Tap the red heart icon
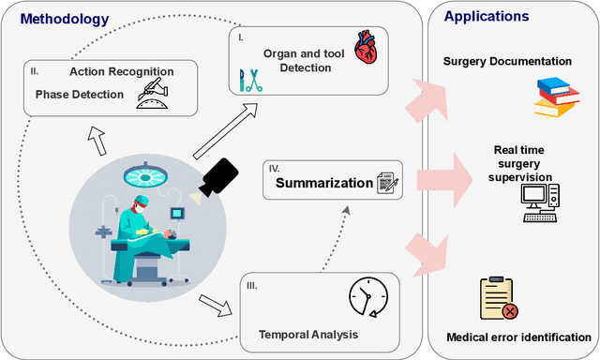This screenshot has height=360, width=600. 367,48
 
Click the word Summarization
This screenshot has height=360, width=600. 322,183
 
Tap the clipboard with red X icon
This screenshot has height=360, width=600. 499,299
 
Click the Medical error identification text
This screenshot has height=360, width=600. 519,337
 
